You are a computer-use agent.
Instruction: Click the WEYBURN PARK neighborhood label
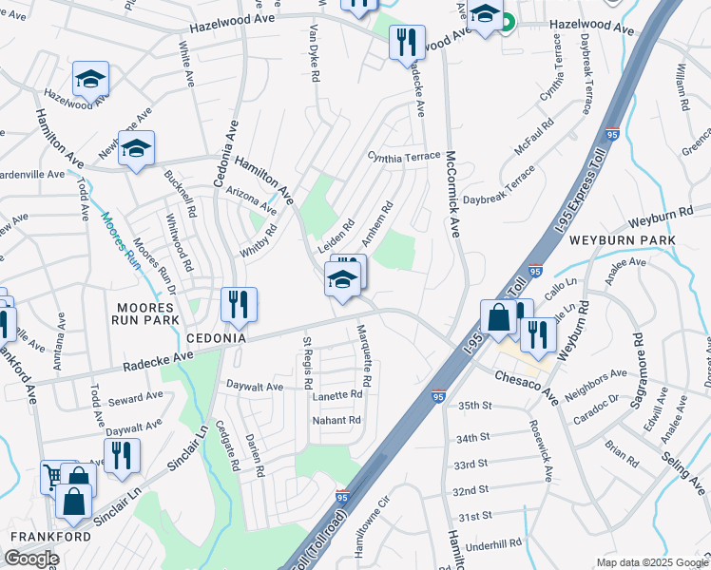point(622,241)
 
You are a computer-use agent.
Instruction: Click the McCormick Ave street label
point(453,194)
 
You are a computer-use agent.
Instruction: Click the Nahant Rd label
point(337,420)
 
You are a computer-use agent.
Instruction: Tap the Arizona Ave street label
point(252,199)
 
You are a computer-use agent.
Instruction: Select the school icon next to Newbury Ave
point(137,148)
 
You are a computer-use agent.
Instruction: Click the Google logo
point(31,560)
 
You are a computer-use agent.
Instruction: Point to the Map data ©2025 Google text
point(652,562)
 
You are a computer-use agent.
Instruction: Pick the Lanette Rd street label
point(339,394)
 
